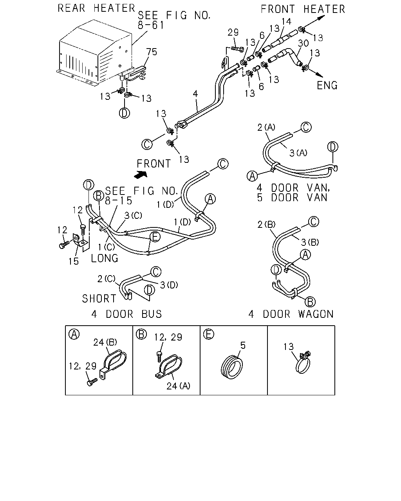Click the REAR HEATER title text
pos(96,8)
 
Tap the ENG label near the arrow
pos(327,85)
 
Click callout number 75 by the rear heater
pos(152,52)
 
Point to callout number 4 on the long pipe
pos(195,94)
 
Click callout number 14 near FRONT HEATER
pos(286,22)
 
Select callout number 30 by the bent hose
pos(303,43)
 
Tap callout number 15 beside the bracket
pos(73,261)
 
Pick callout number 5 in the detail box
pos(243,346)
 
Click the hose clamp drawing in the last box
pos(303,362)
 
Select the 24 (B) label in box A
pos(105,342)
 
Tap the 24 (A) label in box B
pos(178,386)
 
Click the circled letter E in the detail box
pos(208,334)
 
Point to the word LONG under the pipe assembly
pos(105,258)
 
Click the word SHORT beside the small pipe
pos(99,299)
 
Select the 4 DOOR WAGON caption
pos(291,314)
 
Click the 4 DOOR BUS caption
pos(126,314)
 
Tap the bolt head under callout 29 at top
pos(241,49)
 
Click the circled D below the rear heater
pos(125,113)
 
